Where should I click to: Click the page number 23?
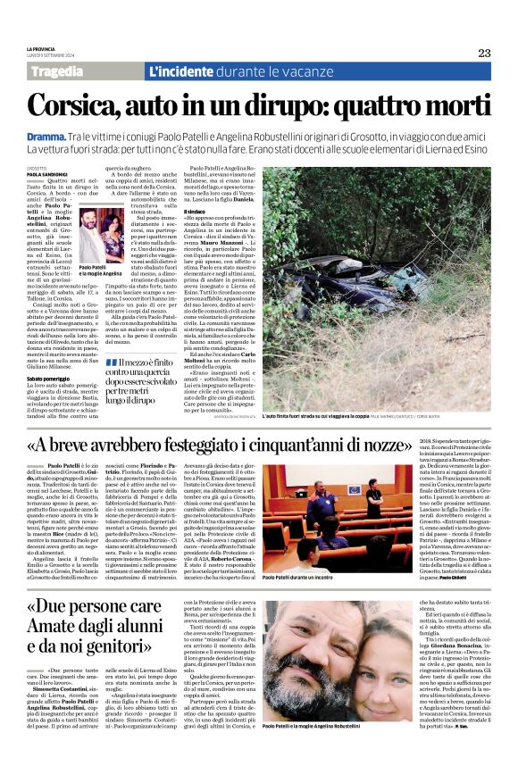pos(484,53)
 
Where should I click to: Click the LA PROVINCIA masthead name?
pos(41,49)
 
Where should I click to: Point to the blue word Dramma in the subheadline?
pos(46,132)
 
